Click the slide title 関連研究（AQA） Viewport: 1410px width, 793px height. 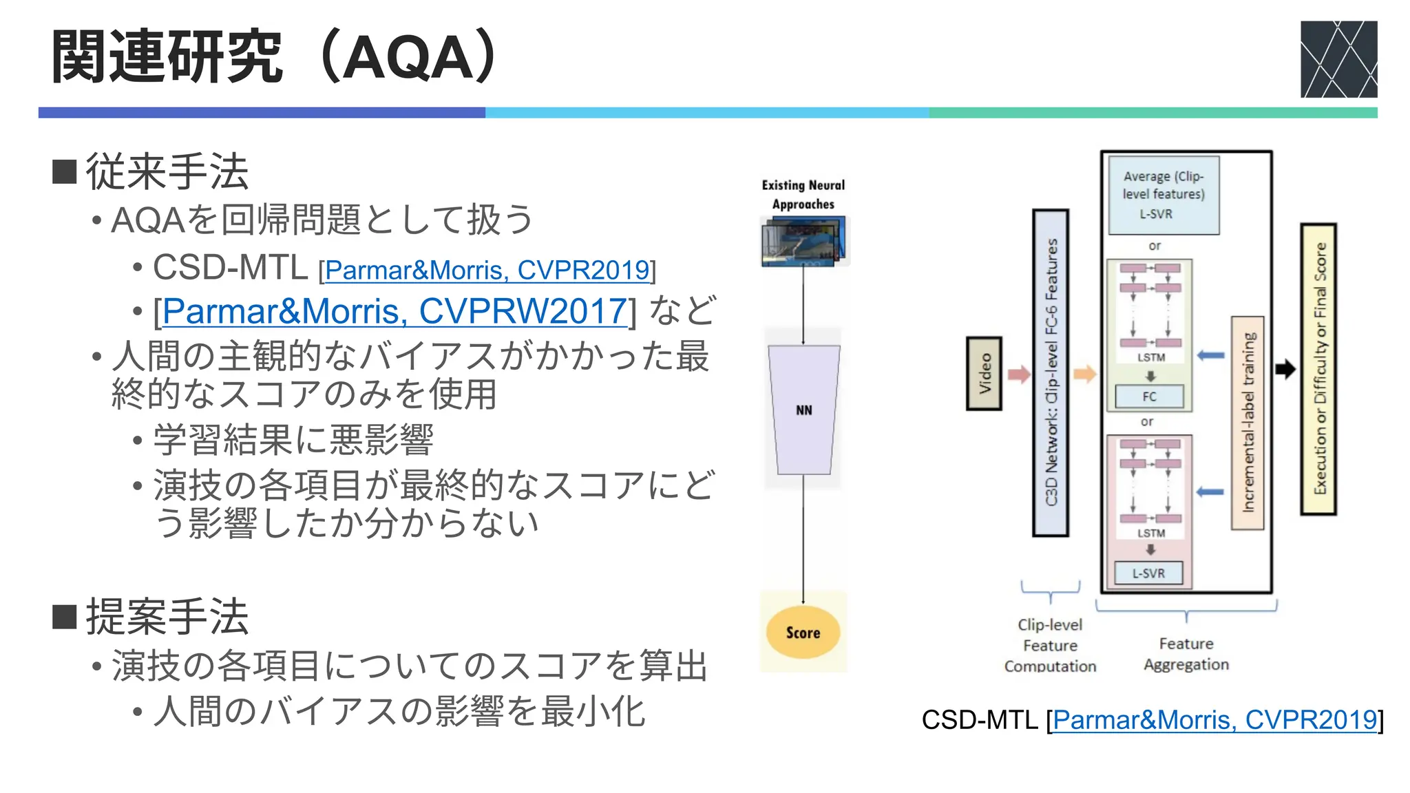click(x=275, y=56)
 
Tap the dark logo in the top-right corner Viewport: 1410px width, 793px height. click(x=1338, y=59)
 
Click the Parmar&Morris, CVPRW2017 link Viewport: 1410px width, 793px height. click(x=394, y=311)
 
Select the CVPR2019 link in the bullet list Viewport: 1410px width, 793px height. click(x=487, y=270)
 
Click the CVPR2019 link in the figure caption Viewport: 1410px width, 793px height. click(x=1214, y=720)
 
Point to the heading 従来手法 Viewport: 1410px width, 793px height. click(x=167, y=171)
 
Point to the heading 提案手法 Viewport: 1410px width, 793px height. click(x=167, y=616)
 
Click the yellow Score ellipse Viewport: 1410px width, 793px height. click(x=803, y=633)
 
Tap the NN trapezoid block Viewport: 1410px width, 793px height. click(x=803, y=410)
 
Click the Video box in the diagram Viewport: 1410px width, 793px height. click(x=984, y=374)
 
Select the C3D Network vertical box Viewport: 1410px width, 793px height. click(x=1051, y=373)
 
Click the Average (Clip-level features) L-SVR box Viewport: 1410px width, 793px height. click(x=1163, y=195)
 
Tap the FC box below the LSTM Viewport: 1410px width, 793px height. click(x=1149, y=396)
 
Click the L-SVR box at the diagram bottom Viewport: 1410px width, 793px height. click(x=1148, y=573)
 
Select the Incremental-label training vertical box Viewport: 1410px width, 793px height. click(x=1248, y=423)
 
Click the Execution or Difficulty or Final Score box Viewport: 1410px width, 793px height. click(x=1318, y=370)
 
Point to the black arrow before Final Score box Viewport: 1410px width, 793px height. click(x=1285, y=370)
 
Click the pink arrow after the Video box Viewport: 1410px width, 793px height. click(x=1019, y=374)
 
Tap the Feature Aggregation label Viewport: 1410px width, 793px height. click(x=1186, y=654)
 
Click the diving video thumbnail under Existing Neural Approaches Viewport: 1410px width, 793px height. click(x=803, y=242)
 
